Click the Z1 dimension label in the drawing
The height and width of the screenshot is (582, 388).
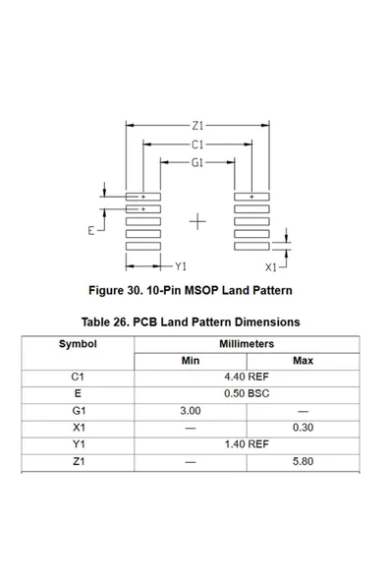(x=197, y=126)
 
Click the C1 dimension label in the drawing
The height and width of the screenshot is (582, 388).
(x=197, y=145)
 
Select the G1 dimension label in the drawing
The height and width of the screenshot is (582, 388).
(x=197, y=163)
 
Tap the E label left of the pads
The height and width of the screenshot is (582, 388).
(x=91, y=231)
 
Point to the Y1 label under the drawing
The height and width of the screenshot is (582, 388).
(x=180, y=266)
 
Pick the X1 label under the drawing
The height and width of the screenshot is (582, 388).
(x=271, y=266)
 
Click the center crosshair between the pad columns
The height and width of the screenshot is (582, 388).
(x=197, y=221)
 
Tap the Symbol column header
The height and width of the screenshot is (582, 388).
(x=78, y=344)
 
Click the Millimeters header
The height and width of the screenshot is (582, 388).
(x=247, y=344)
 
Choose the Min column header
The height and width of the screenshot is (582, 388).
(x=191, y=361)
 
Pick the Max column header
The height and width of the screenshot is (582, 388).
(x=303, y=361)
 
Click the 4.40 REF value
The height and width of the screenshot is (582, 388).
(x=247, y=378)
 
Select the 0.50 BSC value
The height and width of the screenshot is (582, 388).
(x=247, y=394)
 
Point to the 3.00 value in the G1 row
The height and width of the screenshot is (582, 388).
(x=191, y=411)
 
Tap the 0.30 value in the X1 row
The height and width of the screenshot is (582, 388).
(x=303, y=428)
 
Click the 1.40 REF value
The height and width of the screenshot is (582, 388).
(x=247, y=444)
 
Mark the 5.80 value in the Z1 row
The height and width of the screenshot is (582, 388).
(x=303, y=461)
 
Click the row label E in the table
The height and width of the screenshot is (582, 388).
(x=78, y=394)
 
